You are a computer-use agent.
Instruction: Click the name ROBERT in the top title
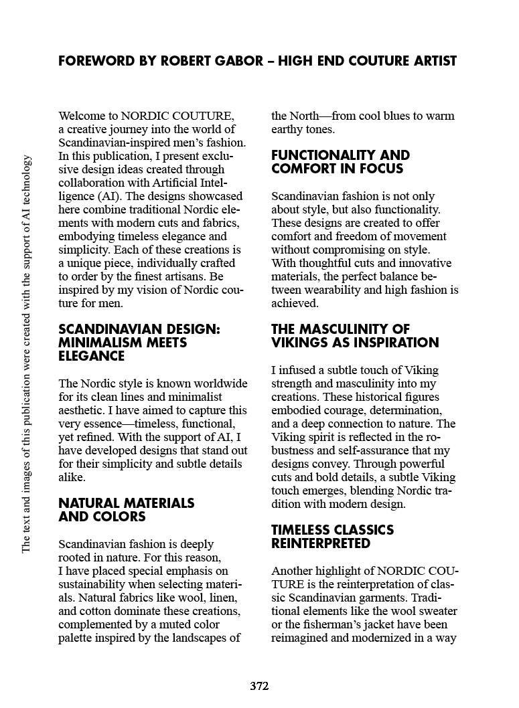coord(183,62)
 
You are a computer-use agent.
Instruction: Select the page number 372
coord(259,686)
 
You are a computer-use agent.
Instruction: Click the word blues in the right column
coord(393,116)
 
